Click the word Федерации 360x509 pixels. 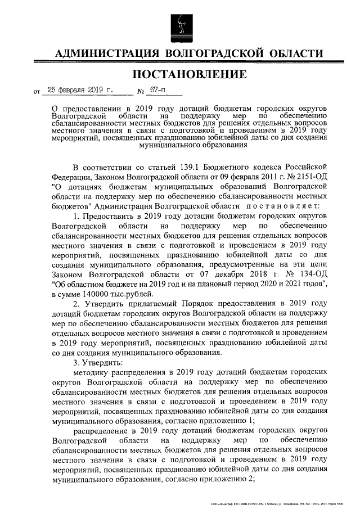71,177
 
